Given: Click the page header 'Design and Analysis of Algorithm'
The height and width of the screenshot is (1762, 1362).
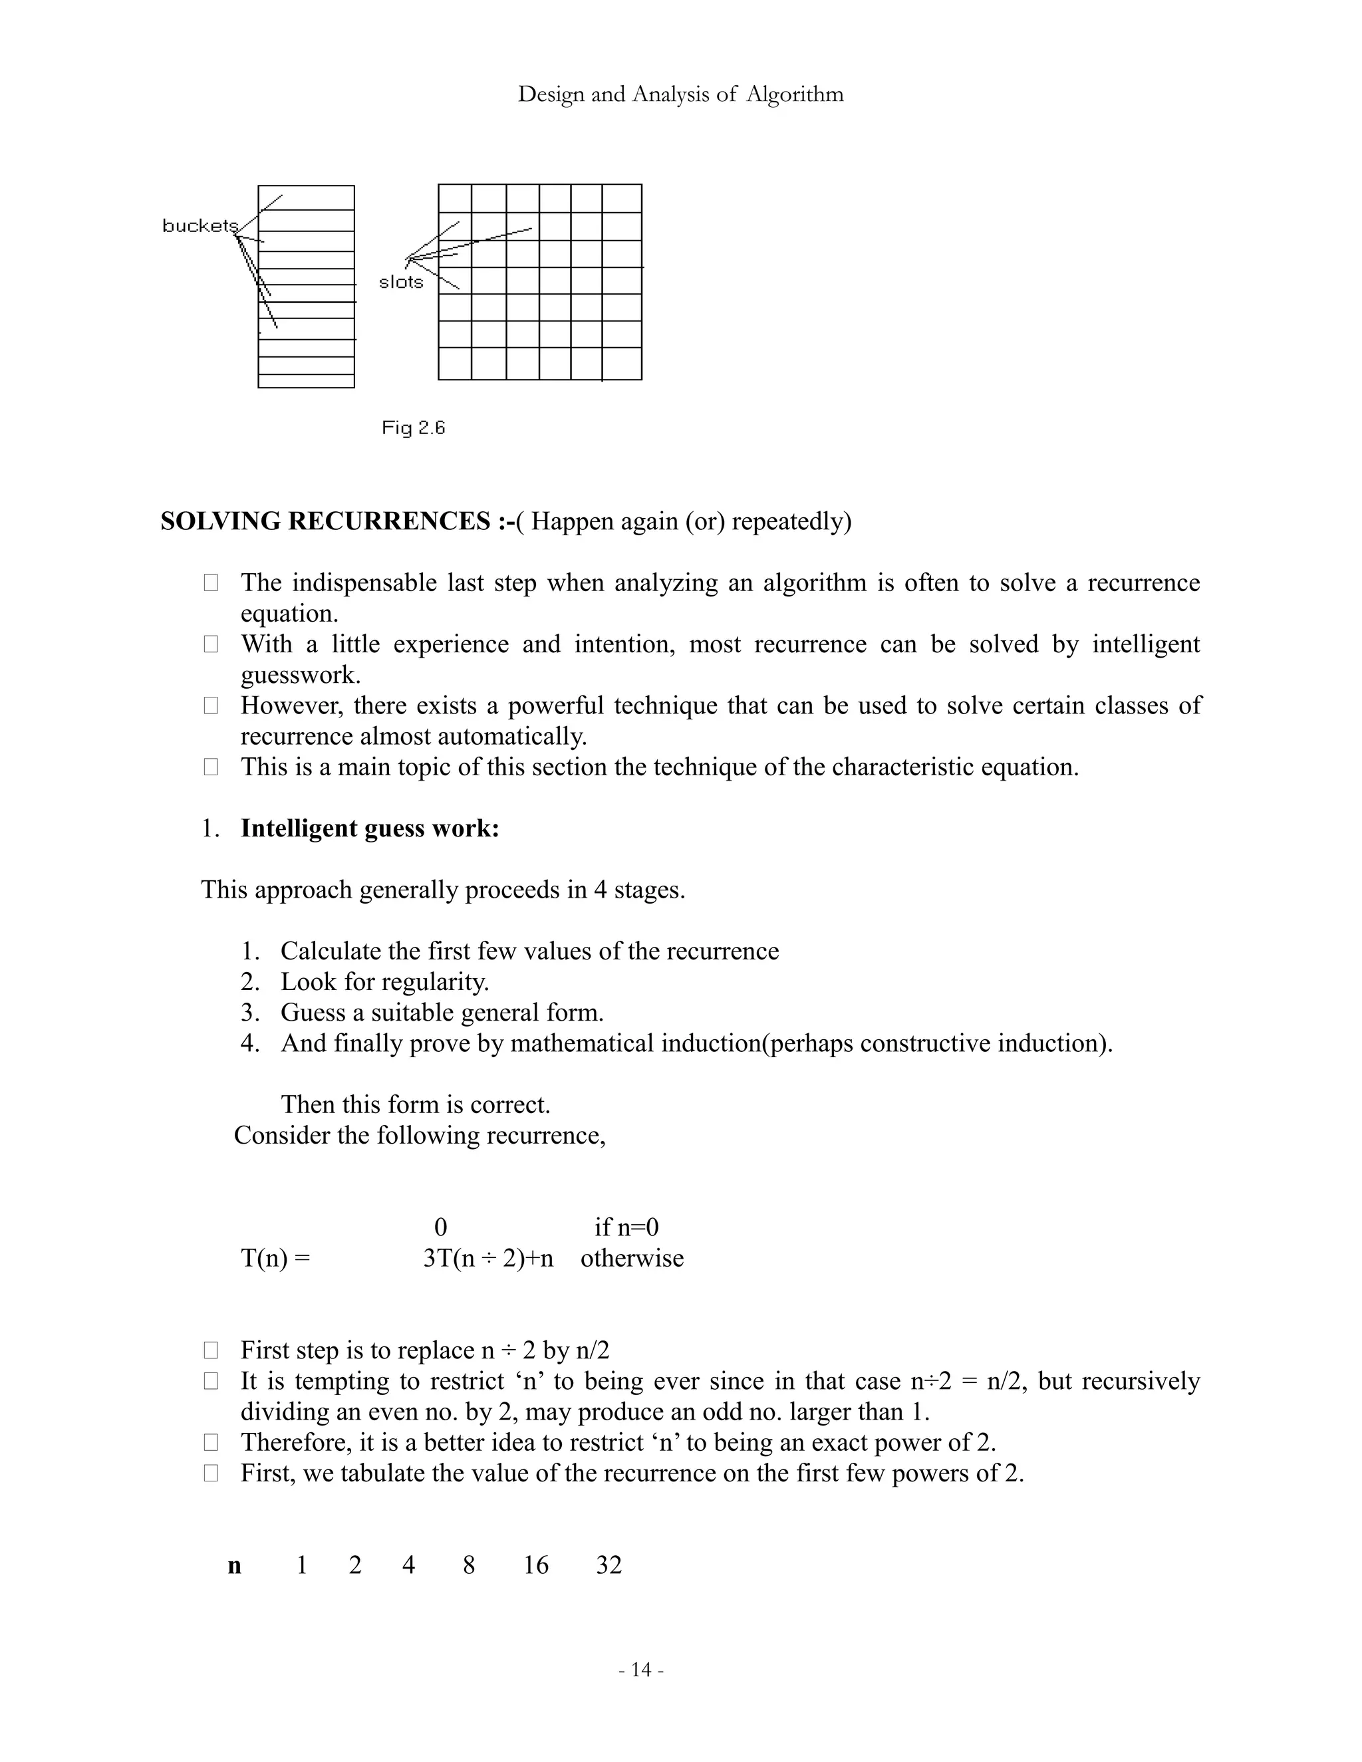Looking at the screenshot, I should click(680, 94).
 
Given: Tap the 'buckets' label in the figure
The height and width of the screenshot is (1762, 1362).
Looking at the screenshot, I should click(200, 226).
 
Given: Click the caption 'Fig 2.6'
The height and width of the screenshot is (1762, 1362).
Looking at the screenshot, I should click(413, 428).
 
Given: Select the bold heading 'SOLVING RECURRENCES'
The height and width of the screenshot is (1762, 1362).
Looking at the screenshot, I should click(325, 521).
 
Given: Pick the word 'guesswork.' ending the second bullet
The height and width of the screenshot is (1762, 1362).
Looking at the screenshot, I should click(300, 674).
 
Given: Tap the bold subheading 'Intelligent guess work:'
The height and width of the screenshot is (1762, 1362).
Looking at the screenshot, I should click(370, 828).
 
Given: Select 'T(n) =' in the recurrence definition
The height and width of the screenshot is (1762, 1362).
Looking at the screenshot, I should click(275, 1258).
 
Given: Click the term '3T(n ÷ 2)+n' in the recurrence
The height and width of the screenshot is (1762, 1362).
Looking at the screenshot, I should click(488, 1258).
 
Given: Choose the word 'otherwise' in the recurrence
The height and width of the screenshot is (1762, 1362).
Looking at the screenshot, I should click(632, 1258).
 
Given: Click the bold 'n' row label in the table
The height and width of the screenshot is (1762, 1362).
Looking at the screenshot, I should click(234, 1566).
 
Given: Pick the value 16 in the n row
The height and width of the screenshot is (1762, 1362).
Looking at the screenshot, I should click(536, 1566).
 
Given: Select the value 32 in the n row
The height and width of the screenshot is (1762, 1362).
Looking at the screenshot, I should click(609, 1566).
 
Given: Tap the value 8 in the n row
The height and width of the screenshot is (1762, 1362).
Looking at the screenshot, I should click(469, 1566).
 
